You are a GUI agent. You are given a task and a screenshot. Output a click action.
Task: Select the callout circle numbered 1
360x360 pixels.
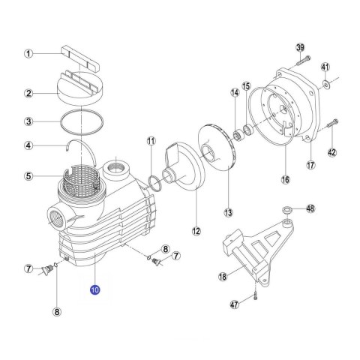coord(28,53)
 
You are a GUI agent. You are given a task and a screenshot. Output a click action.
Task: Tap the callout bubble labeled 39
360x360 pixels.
coord(300,48)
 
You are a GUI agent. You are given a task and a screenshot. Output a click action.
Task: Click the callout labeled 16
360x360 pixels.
coord(284,179)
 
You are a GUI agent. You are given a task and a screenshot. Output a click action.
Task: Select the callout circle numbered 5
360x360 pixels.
coord(28,176)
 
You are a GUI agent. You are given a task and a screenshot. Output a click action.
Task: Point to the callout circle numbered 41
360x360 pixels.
coord(325,66)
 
